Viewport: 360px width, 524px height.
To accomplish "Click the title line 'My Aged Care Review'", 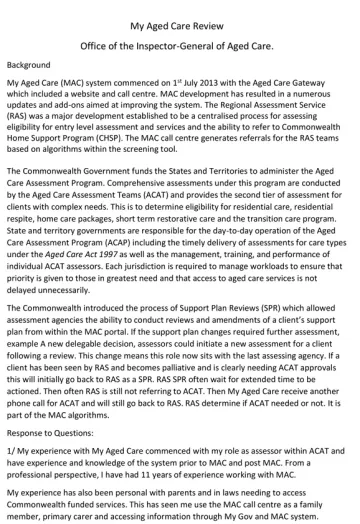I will (179, 11).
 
